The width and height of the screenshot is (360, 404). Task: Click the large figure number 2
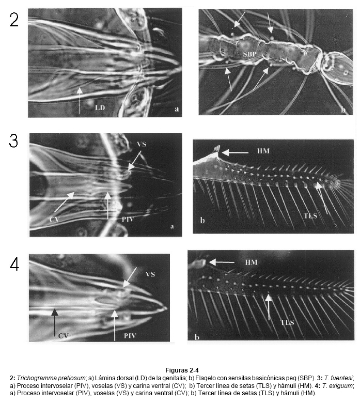[x=14, y=20]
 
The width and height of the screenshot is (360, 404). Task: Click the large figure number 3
[x=13, y=141]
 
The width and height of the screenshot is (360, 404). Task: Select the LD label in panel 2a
[x=100, y=107]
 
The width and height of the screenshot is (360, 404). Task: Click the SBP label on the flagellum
[x=250, y=54]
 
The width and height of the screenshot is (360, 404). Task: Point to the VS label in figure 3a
[x=142, y=144]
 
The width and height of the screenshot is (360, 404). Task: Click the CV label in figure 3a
[x=54, y=219]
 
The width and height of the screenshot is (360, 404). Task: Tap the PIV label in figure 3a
[x=128, y=219]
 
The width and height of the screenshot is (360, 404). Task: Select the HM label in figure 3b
[x=263, y=151]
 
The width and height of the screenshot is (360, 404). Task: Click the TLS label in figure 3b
[x=310, y=215]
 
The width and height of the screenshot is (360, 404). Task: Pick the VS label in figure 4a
[x=150, y=274]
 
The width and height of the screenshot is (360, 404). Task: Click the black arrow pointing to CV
[x=55, y=322]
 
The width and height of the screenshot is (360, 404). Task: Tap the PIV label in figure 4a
[x=130, y=335]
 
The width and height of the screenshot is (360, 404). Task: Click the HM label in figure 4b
[x=251, y=262]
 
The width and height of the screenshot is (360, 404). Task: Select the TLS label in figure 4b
[x=287, y=322]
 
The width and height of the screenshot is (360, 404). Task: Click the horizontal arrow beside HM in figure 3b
[x=235, y=153]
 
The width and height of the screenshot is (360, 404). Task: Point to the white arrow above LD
[x=80, y=101]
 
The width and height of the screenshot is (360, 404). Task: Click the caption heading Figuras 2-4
[x=182, y=370]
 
